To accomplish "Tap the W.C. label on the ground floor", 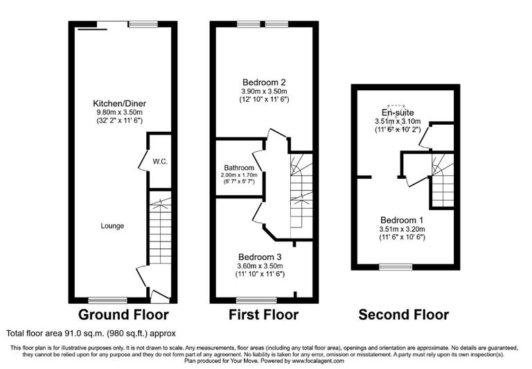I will (161, 162).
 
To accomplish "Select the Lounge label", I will (112, 225).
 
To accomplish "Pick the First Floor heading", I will (264, 315).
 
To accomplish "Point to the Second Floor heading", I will (402, 315).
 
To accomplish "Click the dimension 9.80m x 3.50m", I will (119, 113).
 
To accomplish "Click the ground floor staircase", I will (160, 232).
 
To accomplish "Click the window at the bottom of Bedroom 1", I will (395, 266).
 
